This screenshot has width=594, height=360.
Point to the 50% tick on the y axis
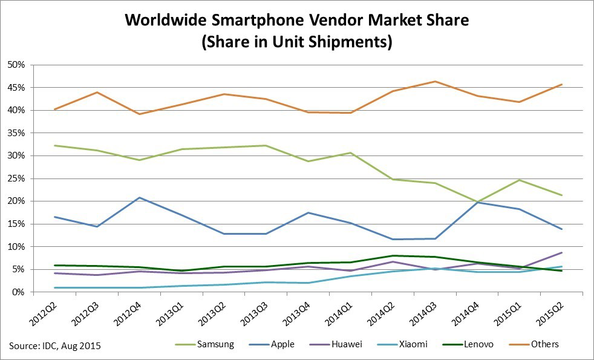(16, 65)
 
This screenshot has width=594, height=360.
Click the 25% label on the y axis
(16, 178)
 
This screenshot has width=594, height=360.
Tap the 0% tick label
(18, 292)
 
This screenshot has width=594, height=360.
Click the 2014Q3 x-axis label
(424, 310)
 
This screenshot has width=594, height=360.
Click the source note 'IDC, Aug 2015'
(54, 346)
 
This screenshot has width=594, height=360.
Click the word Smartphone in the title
(255, 21)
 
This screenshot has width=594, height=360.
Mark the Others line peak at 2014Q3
(435, 81)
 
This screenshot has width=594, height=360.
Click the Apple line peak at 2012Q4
(140, 198)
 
